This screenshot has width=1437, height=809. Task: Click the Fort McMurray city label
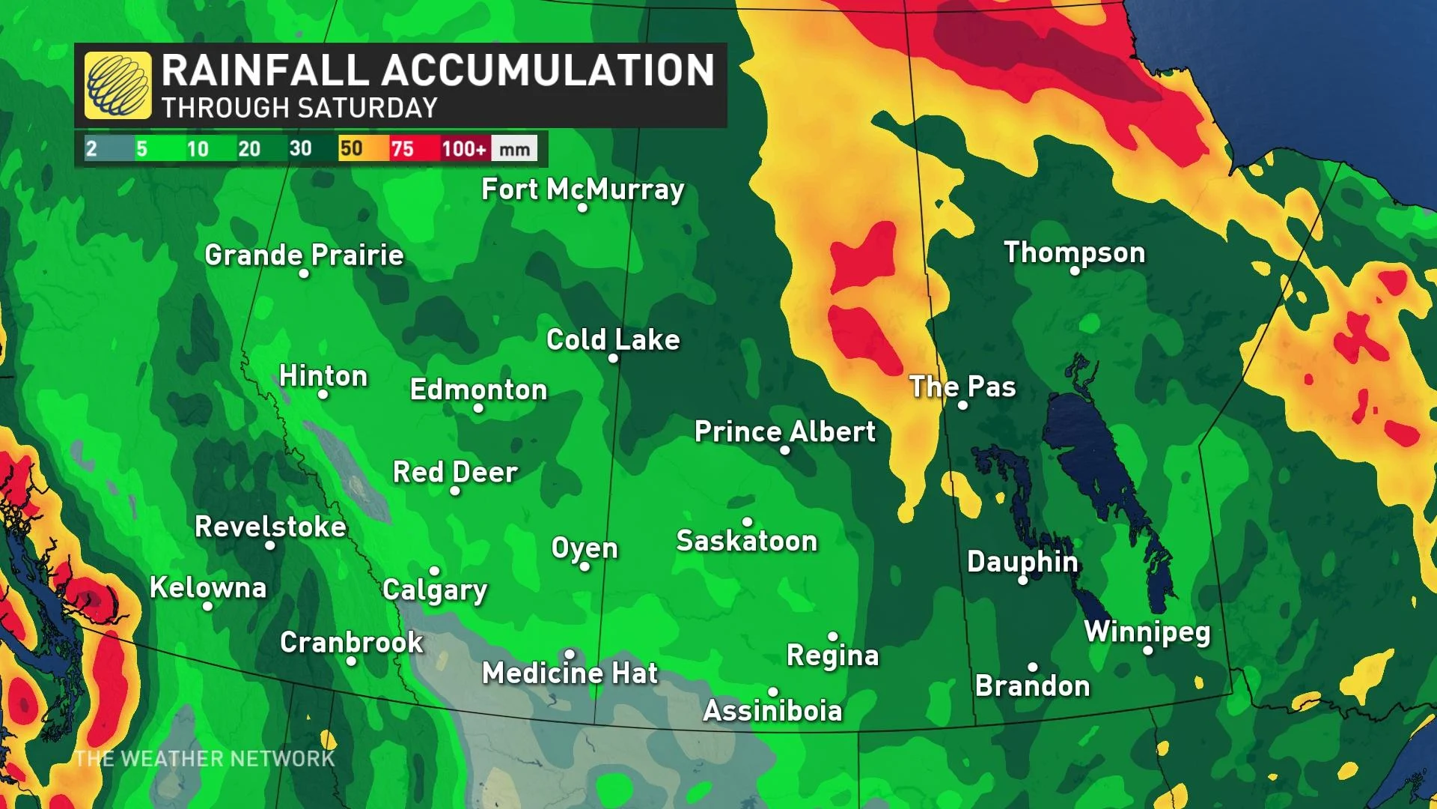tap(582, 190)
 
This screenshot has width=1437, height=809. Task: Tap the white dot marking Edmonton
tap(478, 408)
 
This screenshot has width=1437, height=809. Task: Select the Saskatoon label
tap(746, 541)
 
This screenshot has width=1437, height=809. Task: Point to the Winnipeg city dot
tap(1148, 650)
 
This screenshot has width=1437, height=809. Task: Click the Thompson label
tap(1074, 252)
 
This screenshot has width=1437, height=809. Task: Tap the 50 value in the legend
tap(351, 148)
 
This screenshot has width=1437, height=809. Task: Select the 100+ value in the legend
tap(463, 149)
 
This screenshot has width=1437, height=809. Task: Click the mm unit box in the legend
tap(514, 149)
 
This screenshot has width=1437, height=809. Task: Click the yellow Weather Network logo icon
tap(118, 85)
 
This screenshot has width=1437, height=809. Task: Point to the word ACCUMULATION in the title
tap(549, 70)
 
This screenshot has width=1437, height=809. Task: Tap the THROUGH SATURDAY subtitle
tap(299, 108)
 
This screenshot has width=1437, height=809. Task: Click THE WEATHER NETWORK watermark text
tap(204, 759)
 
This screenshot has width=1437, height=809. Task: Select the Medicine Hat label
tap(570, 673)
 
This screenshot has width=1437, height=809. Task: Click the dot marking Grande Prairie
tap(304, 273)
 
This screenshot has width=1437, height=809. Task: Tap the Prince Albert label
tap(784, 431)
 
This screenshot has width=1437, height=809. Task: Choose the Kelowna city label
tap(208, 587)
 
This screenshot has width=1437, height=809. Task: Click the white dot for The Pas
tap(963, 405)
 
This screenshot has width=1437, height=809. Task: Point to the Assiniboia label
tap(772, 710)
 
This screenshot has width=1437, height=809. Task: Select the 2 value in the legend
tap(91, 148)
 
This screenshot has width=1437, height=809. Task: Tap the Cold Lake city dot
tap(613, 358)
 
